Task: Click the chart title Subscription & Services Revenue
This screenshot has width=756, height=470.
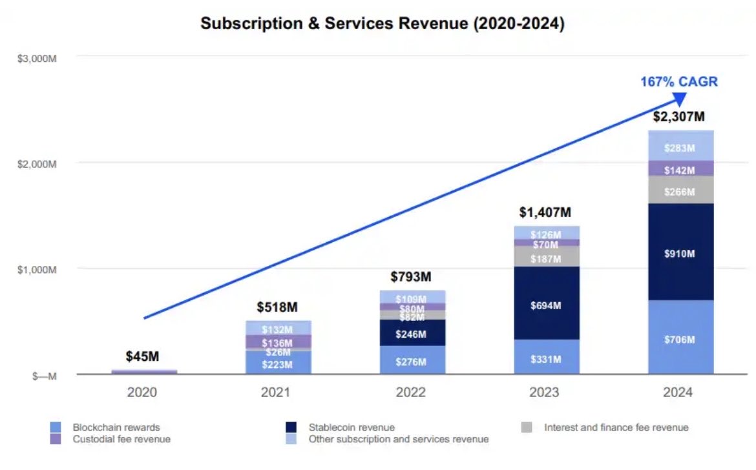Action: click(383, 24)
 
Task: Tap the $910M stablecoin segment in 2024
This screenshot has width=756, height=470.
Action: click(681, 254)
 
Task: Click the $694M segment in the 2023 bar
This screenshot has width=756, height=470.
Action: click(546, 305)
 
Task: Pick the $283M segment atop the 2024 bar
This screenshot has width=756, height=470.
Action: click(681, 148)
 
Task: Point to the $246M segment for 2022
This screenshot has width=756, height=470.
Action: click(412, 334)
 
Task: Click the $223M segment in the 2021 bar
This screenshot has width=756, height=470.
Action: click(278, 364)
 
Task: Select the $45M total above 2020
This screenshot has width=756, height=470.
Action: click(143, 356)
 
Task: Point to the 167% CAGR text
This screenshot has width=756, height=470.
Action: click(679, 82)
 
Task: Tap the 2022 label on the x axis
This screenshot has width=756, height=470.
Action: click(412, 393)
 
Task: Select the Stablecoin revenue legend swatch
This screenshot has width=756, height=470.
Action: click(292, 427)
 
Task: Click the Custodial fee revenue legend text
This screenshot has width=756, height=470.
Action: click(122, 439)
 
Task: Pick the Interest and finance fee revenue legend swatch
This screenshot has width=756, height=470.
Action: click(527, 427)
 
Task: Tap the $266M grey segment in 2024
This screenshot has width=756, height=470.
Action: click(681, 192)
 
